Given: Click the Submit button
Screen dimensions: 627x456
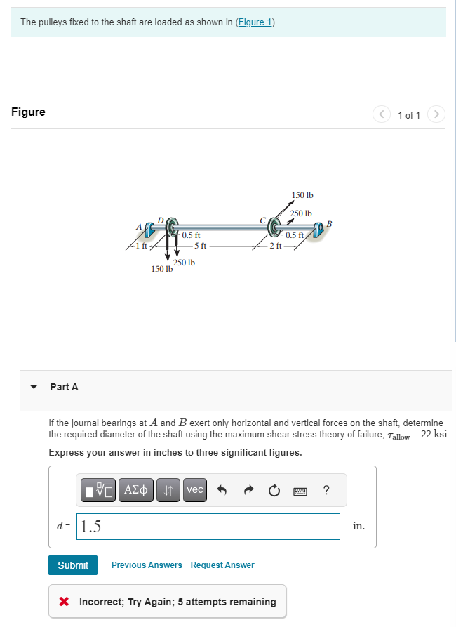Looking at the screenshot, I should (73, 565).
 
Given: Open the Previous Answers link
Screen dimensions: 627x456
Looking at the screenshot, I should (147, 565).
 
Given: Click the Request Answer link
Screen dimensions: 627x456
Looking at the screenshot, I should (222, 565).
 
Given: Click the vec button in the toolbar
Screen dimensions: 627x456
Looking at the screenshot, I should (195, 490).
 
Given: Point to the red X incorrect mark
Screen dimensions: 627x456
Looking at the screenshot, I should (64, 602).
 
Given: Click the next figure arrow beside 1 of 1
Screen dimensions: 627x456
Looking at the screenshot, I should (436, 114).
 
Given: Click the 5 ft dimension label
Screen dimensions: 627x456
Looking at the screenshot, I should (199, 245).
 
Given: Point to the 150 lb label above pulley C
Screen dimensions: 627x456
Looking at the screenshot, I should (302, 194).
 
